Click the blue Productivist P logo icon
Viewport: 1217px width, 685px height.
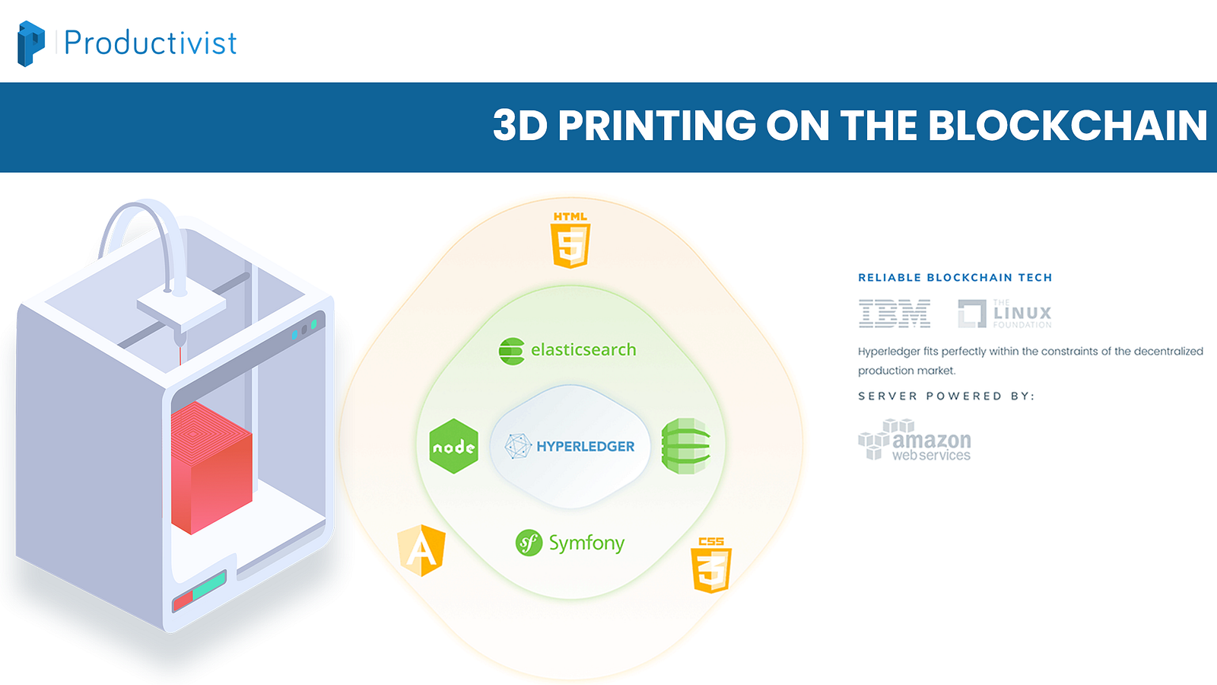click(x=31, y=43)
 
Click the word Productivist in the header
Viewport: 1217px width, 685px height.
click(x=151, y=43)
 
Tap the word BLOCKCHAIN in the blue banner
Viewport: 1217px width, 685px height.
click(x=1068, y=125)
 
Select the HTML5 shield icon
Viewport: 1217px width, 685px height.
click(x=570, y=240)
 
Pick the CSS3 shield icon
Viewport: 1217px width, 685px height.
click(x=711, y=565)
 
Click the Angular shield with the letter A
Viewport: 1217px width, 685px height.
click(x=421, y=550)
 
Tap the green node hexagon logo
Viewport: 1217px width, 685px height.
click(x=453, y=446)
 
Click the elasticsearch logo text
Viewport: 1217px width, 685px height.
click(x=583, y=349)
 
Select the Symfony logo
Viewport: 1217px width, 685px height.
click(x=570, y=543)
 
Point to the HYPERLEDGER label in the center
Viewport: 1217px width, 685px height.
click(x=586, y=446)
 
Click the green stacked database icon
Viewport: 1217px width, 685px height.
click(x=685, y=446)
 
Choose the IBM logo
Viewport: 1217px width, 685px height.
click(x=894, y=313)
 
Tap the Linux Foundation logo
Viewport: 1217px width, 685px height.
click(x=1005, y=313)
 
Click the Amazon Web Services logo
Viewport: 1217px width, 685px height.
click(x=915, y=440)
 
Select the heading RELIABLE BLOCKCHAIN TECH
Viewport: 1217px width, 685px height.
click(x=955, y=278)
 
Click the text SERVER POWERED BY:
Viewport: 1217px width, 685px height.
click(x=946, y=396)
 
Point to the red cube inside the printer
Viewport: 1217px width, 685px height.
click(x=211, y=467)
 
